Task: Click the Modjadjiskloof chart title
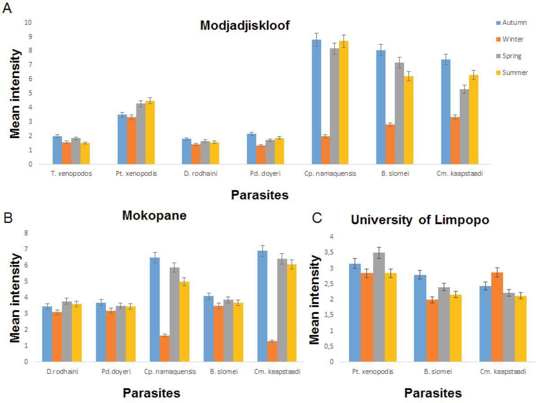point(245,26)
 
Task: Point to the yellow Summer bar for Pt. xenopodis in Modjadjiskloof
point(150,133)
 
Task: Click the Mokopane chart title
point(154,216)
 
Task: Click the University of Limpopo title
point(420,220)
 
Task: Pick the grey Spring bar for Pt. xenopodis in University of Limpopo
point(379,307)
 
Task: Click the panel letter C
point(317,218)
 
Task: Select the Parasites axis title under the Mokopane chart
point(152,393)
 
